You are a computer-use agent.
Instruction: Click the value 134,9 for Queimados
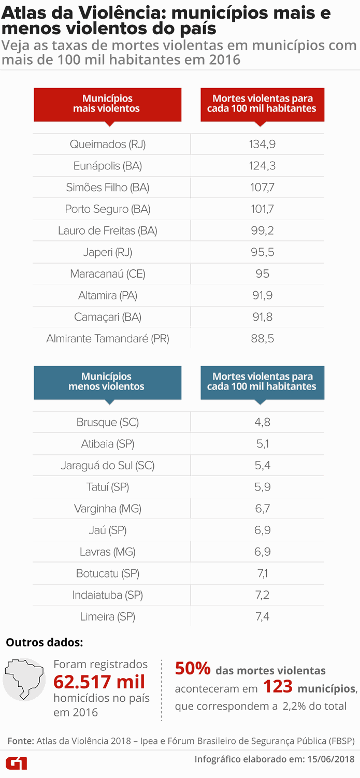[262, 145]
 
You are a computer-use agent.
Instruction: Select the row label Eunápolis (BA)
[108, 166]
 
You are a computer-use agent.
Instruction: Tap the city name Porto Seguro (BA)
[108, 209]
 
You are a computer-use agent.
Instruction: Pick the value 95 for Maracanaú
[262, 274]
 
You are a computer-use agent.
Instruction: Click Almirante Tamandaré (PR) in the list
[108, 339]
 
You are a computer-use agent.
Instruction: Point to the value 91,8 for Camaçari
[262, 317]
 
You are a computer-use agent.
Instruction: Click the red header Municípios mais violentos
[107, 104]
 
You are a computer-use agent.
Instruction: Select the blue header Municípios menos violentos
[107, 382]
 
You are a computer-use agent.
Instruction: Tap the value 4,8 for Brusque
[262, 423]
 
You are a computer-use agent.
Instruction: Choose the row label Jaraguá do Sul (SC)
[108, 466]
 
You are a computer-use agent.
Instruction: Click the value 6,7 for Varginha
[262, 509]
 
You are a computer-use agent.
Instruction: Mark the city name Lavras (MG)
[108, 552]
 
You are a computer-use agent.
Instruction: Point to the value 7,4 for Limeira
[262, 617]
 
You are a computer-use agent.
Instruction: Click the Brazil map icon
[24, 679]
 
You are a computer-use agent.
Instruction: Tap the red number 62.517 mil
[99, 682]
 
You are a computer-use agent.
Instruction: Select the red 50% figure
[193, 669]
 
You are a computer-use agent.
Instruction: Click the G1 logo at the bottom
[16, 763]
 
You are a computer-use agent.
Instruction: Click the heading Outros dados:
[44, 643]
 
